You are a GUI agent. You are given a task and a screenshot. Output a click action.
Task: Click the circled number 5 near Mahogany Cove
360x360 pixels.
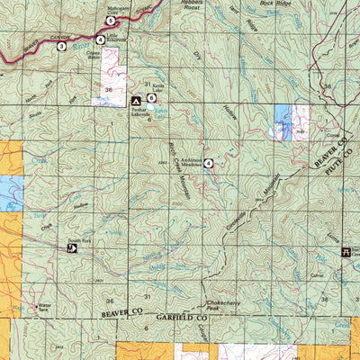(111, 20)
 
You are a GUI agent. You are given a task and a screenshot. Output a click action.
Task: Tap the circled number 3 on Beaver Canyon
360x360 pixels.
(61, 45)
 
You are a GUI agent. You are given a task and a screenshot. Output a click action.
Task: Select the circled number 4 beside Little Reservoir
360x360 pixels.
(101, 40)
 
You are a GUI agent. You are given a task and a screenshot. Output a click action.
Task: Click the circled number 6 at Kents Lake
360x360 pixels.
(151, 97)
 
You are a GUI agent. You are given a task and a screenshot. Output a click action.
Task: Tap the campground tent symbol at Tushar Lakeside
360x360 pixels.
(136, 102)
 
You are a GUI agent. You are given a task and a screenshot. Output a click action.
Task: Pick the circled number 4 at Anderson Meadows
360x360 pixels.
(208, 163)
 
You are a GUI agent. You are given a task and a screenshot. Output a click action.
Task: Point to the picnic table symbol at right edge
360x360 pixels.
(345, 253)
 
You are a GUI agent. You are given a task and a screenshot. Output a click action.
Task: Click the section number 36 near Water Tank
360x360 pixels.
(110, 298)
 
